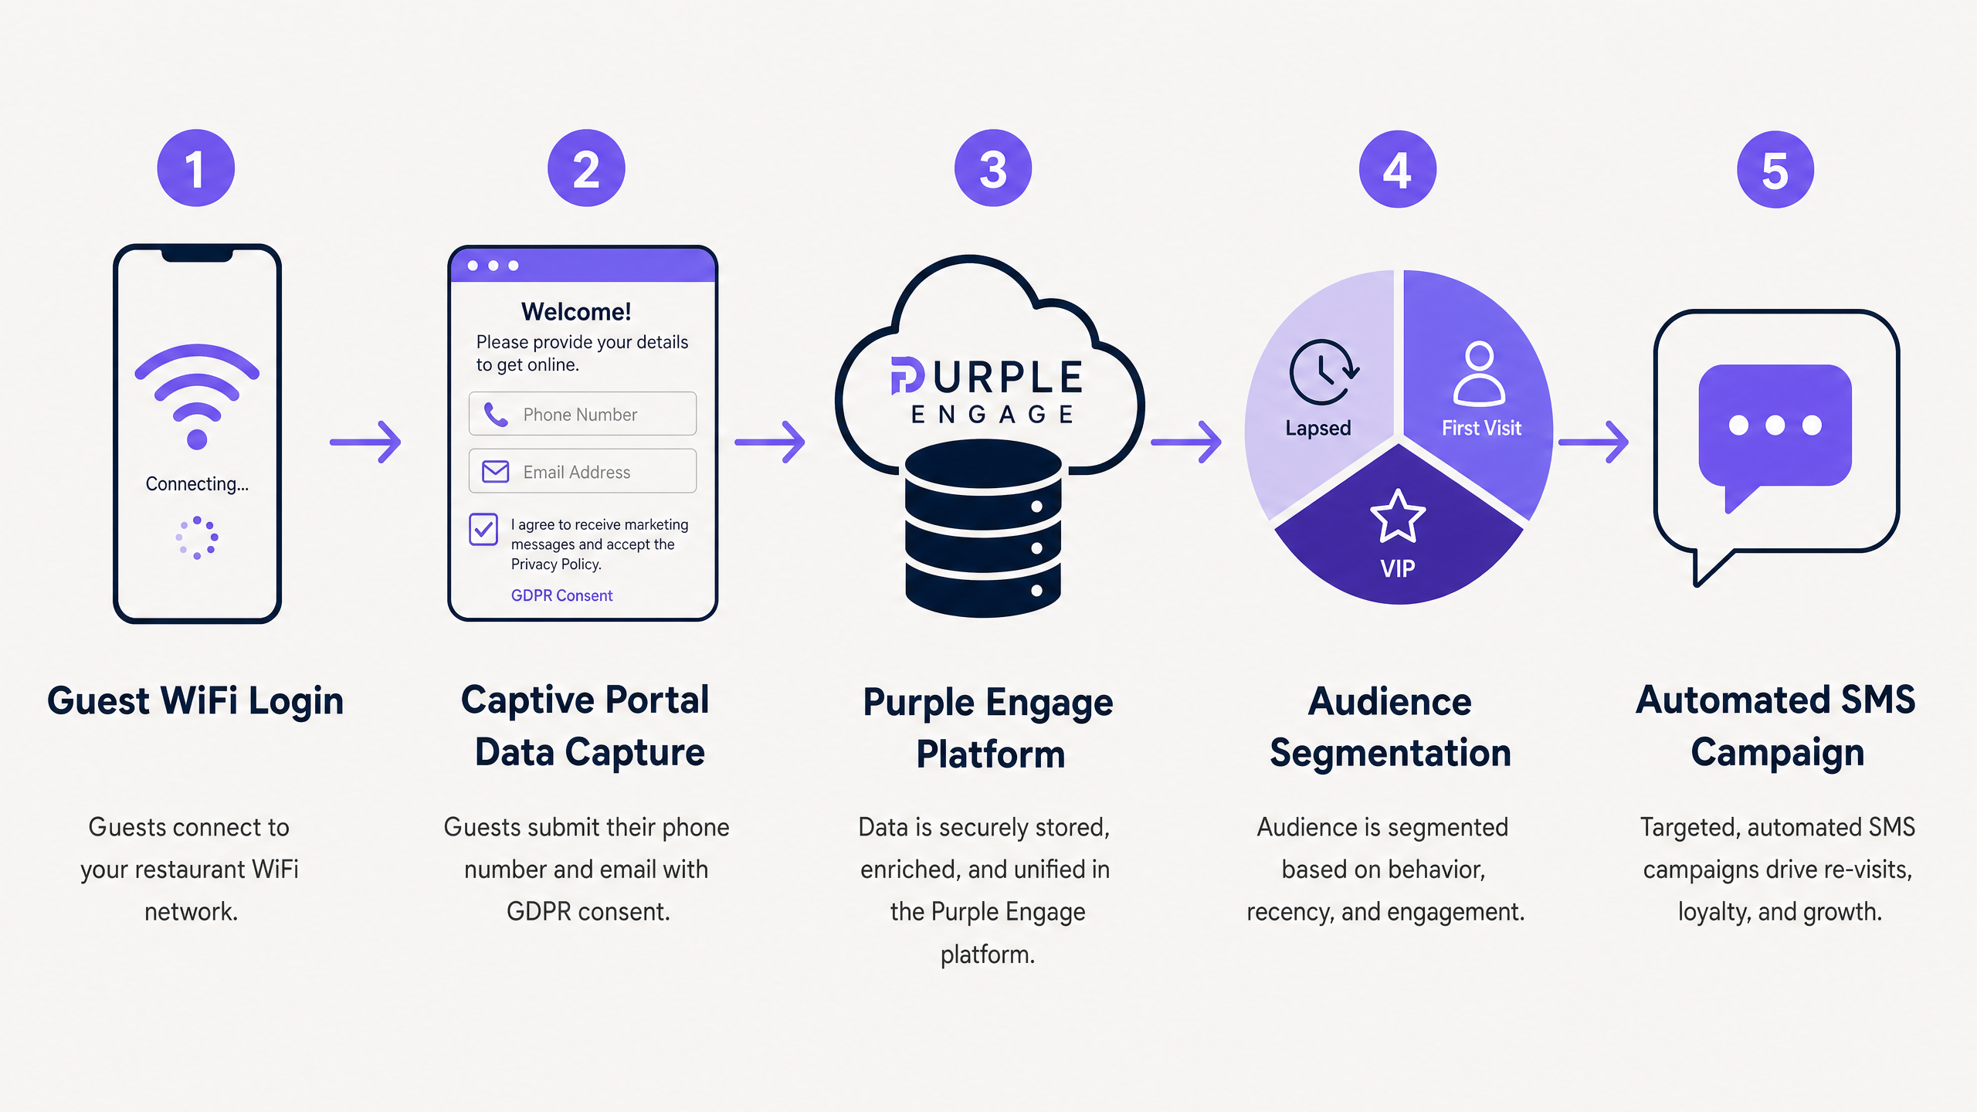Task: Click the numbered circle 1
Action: [195, 168]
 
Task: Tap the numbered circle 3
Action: [993, 168]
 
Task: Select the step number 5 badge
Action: [1775, 170]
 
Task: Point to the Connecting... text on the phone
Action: [197, 484]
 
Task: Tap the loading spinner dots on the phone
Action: [197, 537]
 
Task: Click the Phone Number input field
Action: [582, 414]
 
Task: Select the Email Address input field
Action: [582, 471]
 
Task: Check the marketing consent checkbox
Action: [483, 530]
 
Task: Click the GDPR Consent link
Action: [561, 595]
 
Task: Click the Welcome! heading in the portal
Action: [576, 311]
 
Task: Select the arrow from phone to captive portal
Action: [365, 442]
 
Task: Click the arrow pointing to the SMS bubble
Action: [1594, 442]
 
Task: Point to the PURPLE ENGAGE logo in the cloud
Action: [988, 390]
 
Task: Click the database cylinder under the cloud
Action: [983, 529]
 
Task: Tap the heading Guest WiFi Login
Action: [195, 701]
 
